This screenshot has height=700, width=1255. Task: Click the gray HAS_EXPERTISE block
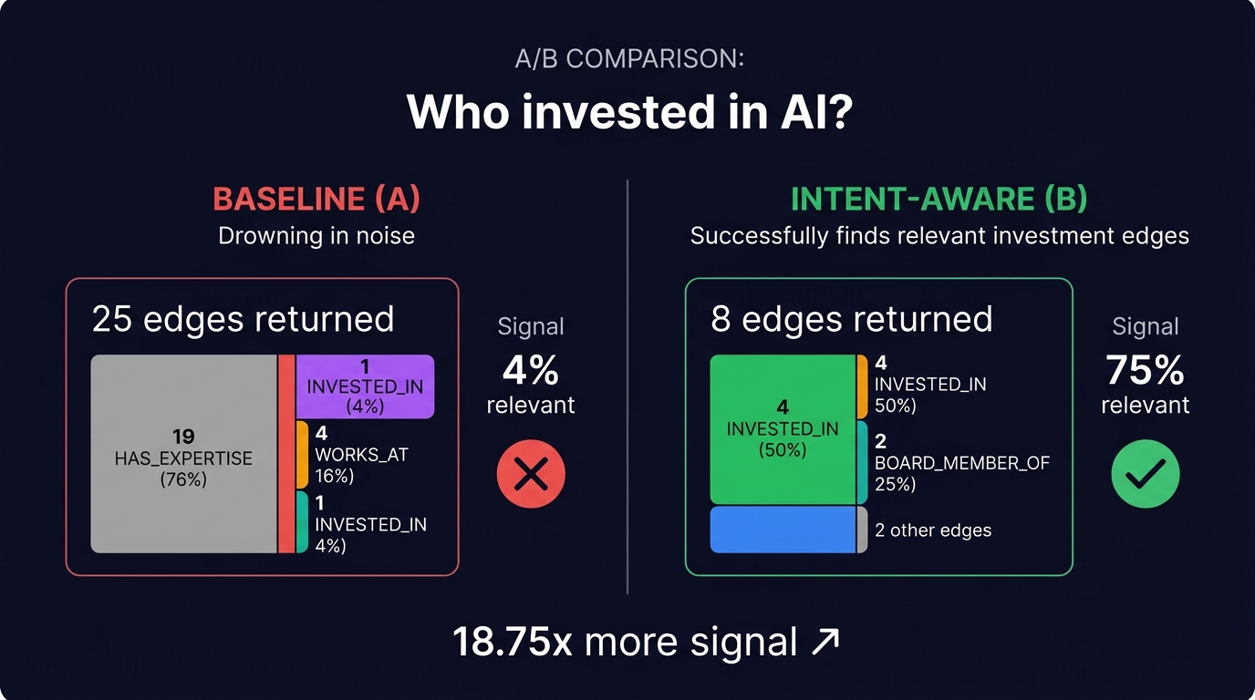tap(183, 454)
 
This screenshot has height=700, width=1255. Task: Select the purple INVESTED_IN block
tap(365, 386)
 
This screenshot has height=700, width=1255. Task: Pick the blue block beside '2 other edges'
tap(783, 530)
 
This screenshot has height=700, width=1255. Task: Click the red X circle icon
tap(531, 474)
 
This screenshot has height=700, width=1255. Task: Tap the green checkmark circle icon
tap(1145, 474)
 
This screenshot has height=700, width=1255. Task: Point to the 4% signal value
tap(531, 371)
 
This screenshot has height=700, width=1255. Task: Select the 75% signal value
tap(1145, 371)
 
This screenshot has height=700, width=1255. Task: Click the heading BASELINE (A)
tap(316, 199)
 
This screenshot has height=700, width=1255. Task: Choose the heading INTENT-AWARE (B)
tap(939, 199)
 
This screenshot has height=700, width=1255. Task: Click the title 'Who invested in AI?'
tap(628, 112)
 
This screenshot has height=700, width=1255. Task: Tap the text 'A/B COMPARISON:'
tap(628, 60)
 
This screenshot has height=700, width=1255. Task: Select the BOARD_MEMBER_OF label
tap(962, 463)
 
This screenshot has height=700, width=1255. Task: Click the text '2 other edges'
tap(932, 530)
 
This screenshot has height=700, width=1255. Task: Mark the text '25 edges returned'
tap(243, 320)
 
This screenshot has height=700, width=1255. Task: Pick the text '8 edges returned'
tap(851, 320)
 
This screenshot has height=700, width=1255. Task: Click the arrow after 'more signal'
tap(825, 642)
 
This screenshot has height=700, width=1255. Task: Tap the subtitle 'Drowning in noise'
tap(316, 236)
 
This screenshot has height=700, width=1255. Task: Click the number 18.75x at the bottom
tap(513, 642)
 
